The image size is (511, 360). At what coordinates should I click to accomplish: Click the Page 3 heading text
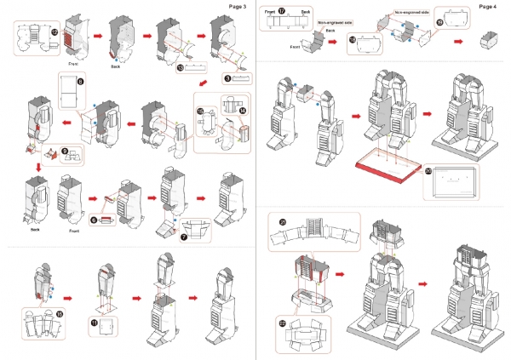coord(238,7)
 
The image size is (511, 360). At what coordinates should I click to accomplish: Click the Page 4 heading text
coord(488,7)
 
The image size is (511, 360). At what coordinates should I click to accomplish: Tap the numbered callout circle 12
coord(55,31)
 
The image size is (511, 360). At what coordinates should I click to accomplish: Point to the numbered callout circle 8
coord(80,82)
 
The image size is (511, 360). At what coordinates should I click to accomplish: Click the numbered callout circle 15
coord(200,111)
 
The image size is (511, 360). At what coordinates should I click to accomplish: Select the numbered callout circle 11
coord(95,322)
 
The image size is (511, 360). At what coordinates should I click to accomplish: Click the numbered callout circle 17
coord(282,12)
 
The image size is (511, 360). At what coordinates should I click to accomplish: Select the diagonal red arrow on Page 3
coord(203,83)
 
